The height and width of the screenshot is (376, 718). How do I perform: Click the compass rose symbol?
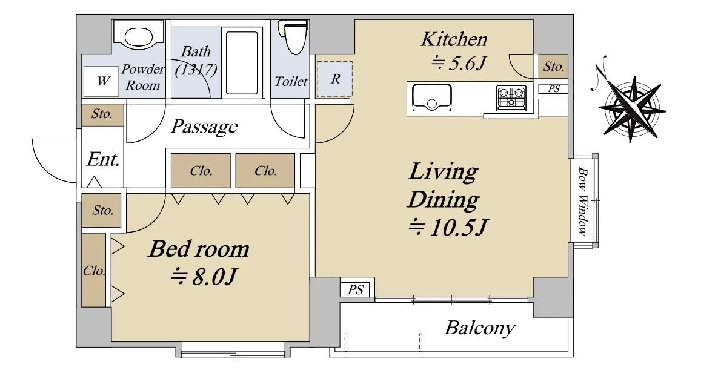632,109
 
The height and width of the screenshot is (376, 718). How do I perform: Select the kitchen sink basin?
432,97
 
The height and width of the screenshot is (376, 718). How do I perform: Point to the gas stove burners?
511,98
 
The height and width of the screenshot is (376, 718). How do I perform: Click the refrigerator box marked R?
334,79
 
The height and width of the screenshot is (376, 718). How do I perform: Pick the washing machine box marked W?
102,81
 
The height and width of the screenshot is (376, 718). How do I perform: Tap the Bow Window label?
582,201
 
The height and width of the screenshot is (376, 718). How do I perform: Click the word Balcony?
480,328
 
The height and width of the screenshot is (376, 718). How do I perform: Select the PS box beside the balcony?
356,289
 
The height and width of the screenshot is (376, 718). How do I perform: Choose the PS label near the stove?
554,89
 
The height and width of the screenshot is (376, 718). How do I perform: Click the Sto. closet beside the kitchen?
553,67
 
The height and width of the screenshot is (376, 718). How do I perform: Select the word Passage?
204,127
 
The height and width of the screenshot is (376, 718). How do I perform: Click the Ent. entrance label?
103,159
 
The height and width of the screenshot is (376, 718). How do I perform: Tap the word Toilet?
291,81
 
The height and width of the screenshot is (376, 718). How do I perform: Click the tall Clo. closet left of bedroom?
94,270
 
